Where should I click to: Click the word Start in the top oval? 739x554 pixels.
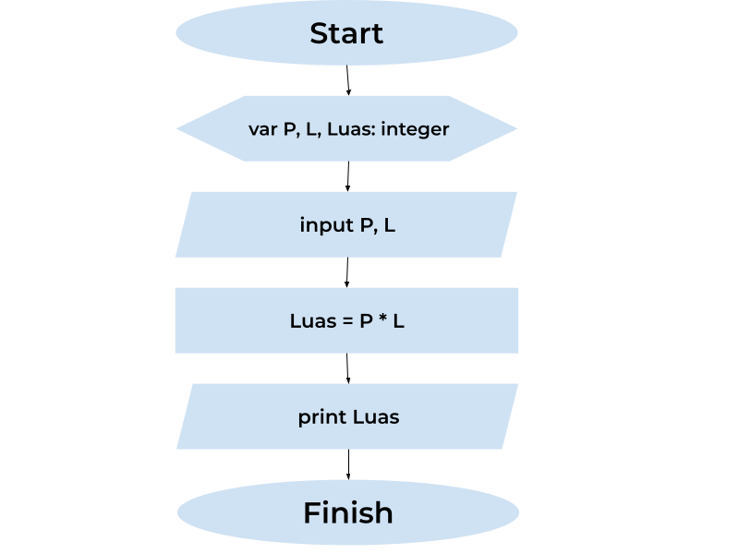tap(346, 33)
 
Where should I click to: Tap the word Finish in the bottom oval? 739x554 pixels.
tap(348, 512)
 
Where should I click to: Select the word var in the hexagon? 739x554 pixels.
tap(263, 129)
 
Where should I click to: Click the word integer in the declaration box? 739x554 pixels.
tap(415, 129)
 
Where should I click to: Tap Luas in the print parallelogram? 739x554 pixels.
tap(376, 417)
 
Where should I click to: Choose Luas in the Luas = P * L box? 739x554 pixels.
tap(311, 321)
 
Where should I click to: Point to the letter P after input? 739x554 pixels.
tap(366, 225)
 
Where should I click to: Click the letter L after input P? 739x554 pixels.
tap(390, 225)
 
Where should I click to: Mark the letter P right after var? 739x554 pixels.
tap(289, 129)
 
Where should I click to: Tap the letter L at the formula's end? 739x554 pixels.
tap(399, 321)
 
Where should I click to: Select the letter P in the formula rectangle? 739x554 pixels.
tap(366, 321)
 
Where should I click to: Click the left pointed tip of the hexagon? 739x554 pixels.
tap(178, 128)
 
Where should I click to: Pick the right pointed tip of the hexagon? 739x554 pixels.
tap(516, 128)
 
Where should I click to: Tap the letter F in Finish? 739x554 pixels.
tap(312, 512)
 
